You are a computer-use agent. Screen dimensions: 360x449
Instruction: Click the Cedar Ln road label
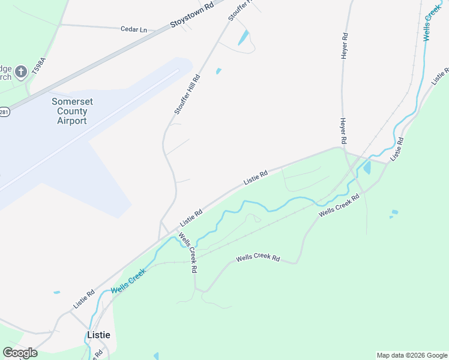(x=133, y=29)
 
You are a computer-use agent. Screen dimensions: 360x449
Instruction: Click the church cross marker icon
(x=20, y=72)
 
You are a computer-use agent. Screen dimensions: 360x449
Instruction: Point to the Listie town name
(x=99, y=335)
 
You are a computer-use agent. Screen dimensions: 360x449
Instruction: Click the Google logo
(x=20, y=353)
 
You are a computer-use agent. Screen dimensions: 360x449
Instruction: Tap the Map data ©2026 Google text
(x=412, y=355)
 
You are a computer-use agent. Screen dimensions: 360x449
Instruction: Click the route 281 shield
(x=4, y=112)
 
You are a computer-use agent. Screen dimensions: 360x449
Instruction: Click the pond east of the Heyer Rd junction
(x=367, y=167)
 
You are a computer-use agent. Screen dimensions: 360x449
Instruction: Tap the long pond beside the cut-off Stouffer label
(x=244, y=37)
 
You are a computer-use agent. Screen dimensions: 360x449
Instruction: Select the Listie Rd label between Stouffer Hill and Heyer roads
(x=255, y=177)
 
